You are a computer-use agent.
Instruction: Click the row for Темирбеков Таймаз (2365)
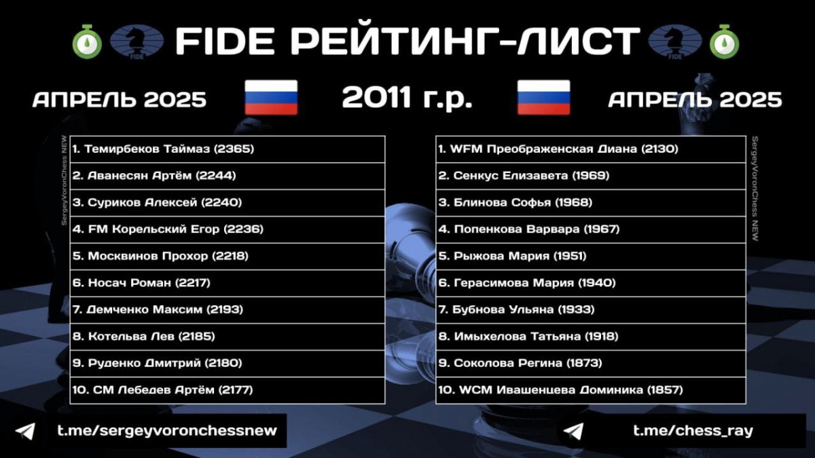pyautogui.click(x=228, y=149)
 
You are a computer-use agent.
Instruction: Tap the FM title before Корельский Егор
pyautogui.click(x=98, y=229)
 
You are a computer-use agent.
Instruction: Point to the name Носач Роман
pyautogui.click(x=129, y=283)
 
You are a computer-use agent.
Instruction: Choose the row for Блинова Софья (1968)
pyautogui.click(x=590, y=203)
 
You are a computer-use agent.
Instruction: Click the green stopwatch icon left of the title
pyautogui.click(x=87, y=42)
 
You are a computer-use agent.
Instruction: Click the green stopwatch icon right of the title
pyautogui.click(x=724, y=42)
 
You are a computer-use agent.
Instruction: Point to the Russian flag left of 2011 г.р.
pyautogui.click(x=271, y=98)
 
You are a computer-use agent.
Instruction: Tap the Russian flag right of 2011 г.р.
pyautogui.click(x=543, y=98)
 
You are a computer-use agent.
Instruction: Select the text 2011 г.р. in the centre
pyautogui.click(x=407, y=98)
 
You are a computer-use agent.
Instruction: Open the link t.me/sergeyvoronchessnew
pyautogui.click(x=167, y=431)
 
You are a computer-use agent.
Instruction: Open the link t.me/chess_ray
pyautogui.click(x=693, y=431)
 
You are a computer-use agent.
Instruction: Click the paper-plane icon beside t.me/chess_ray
pyautogui.click(x=573, y=432)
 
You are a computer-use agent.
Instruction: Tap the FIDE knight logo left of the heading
pyautogui.click(x=137, y=42)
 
